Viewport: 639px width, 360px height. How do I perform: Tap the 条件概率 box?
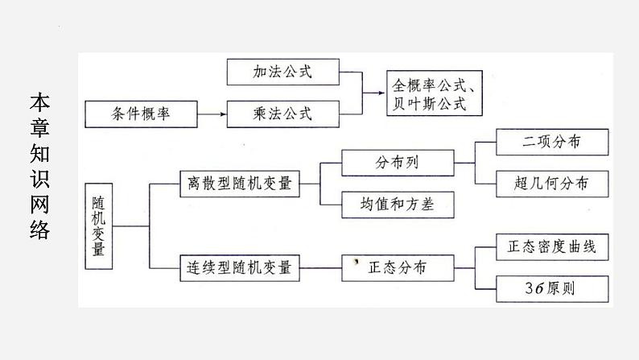[141, 114]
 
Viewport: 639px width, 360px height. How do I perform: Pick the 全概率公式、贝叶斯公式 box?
[437, 94]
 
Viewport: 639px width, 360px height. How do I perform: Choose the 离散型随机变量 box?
[239, 184]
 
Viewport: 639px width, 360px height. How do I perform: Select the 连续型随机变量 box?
[239, 267]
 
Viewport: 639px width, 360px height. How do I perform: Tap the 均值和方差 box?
[397, 205]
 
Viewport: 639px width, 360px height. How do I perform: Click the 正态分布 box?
[397, 267]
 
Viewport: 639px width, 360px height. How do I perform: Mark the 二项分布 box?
[551, 143]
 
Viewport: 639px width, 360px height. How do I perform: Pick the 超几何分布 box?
[551, 184]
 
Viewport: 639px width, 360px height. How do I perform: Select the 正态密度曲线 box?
[551, 246]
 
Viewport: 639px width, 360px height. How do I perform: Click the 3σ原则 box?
[551, 288]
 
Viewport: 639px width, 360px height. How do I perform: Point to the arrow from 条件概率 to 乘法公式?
[212, 114]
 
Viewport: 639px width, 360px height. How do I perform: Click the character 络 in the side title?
[39, 230]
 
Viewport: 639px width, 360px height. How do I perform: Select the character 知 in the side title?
[39, 154]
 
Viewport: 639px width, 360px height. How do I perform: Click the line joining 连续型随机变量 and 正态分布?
[321, 267]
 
